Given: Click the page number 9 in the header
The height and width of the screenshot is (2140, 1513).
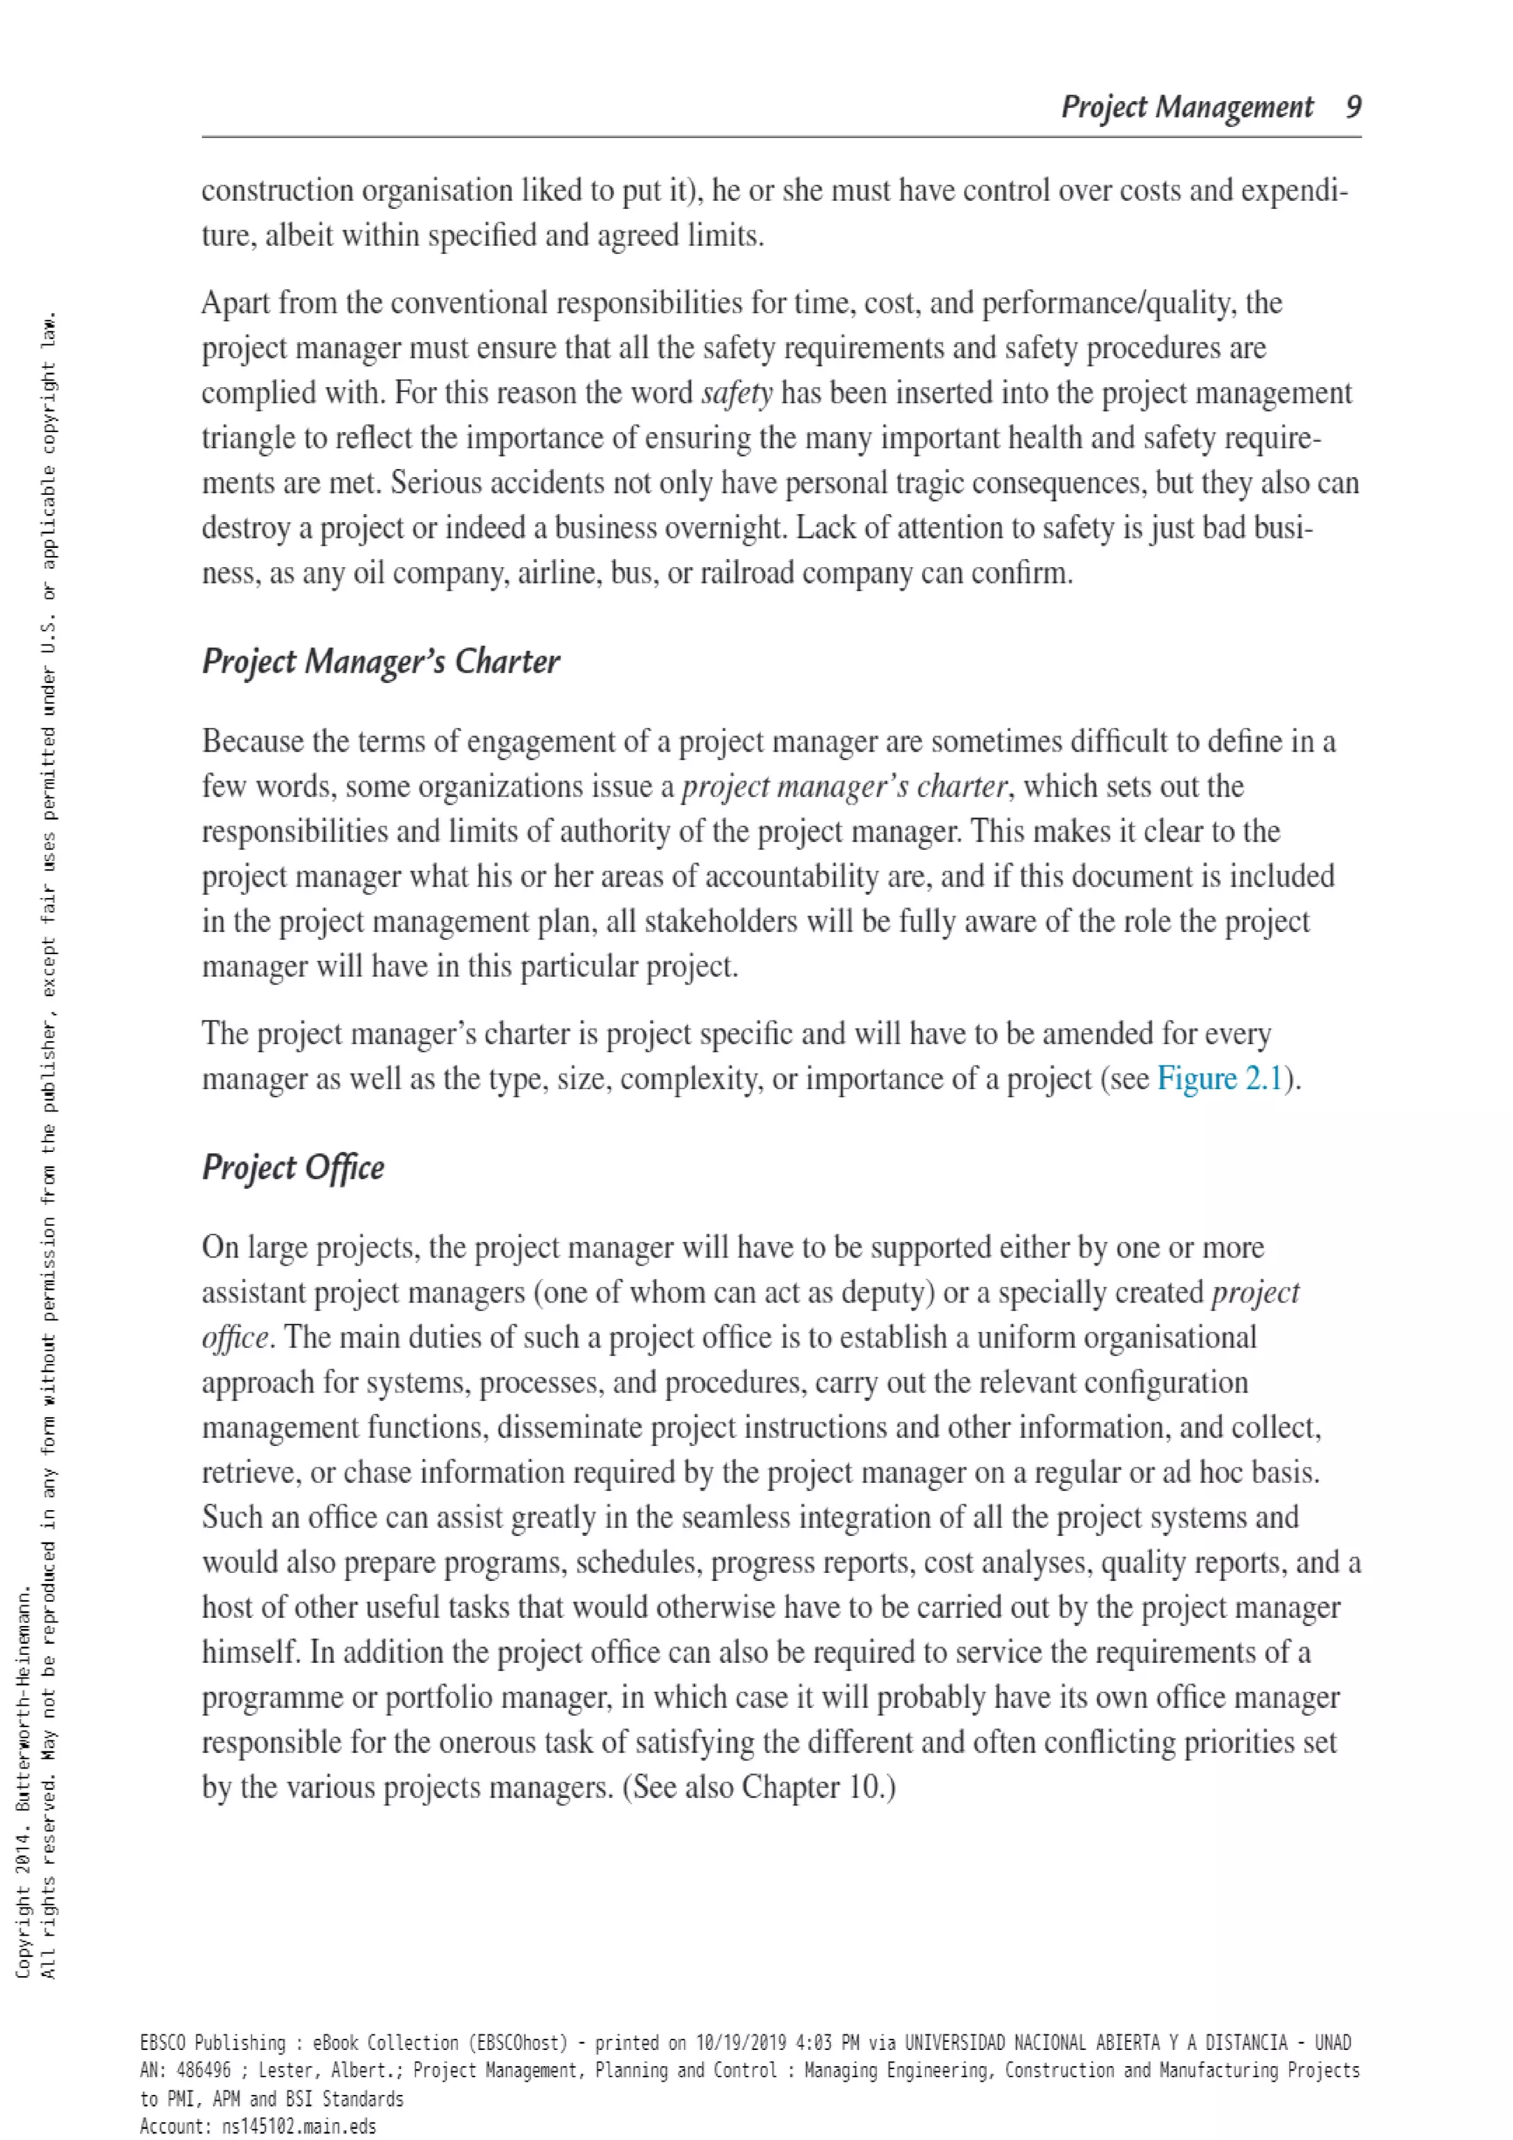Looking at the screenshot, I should (1353, 107).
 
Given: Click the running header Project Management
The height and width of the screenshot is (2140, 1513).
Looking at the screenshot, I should (1186, 108).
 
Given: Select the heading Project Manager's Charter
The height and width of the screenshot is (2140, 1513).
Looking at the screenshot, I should (380, 662).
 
